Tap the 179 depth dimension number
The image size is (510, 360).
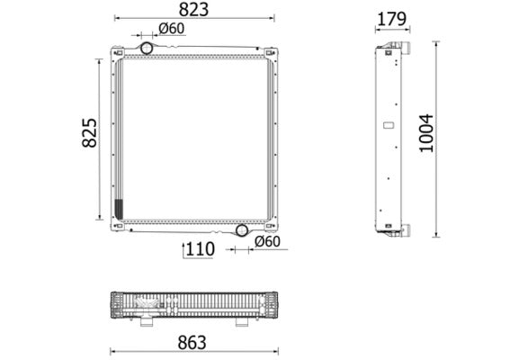tap(391, 17)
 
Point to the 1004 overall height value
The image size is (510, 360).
tap(427, 133)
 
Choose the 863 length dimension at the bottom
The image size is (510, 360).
tap(191, 342)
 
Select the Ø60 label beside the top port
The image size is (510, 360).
tap(171, 30)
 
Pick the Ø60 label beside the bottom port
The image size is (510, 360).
tap(267, 241)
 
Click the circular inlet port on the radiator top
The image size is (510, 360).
tap(146, 47)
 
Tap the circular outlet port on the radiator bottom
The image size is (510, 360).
tap(241, 230)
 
